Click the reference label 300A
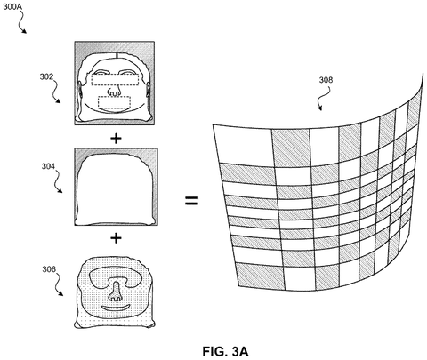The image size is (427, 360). click(x=12, y=6)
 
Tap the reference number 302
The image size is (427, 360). click(x=46, y=76)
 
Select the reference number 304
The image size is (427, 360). click(x=48, y=166)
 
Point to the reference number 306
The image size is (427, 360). click(x=49, y=269)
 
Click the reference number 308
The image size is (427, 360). click(x=326, y=80)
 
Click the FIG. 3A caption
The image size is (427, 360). click(x=225, y=351)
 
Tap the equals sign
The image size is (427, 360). click(x=192, y=201)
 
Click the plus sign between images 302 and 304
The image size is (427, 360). click(x=116, y=138)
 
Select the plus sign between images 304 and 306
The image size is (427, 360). click(x=116, y=238)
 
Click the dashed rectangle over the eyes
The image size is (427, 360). click(x=115, y=80)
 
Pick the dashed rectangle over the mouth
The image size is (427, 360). click(x=114, y=102)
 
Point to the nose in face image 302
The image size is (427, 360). click(x=114, y=92)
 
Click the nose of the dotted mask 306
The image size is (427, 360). click(x=116, y=291)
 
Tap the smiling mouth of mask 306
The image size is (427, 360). click(x=116, y=308)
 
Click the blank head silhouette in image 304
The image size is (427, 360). click(x=116, y=188)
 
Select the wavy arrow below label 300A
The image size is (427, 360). click(x=21, y=20)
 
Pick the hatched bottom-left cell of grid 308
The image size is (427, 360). click(x=261, y=276)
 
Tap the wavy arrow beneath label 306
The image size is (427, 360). click(x=59, y=284)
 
